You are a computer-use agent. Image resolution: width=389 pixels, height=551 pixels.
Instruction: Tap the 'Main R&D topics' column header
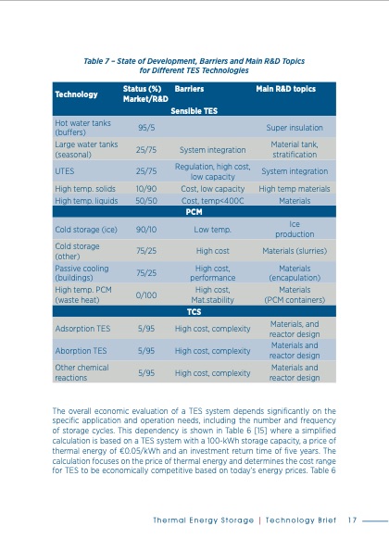(287, 90)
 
